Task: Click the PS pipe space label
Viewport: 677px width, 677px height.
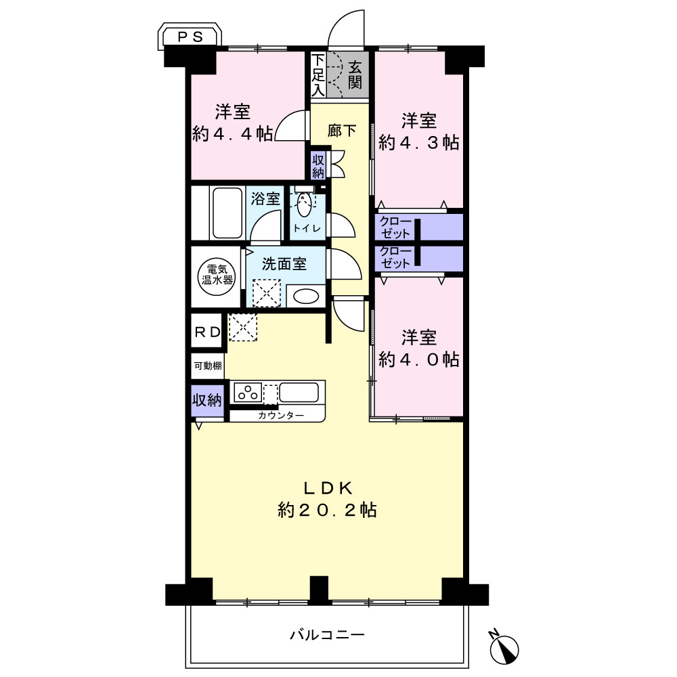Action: click(190, 37)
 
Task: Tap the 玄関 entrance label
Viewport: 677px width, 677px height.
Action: click(355, 74)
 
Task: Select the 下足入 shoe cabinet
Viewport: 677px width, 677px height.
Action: click(318, 74)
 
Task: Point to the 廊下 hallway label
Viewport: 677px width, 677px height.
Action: click(341, 130)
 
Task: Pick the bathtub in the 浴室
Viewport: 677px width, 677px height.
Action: click(227, 213)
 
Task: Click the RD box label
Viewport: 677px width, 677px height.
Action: click(208, 332)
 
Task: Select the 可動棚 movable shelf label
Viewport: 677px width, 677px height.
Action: click(208, 366)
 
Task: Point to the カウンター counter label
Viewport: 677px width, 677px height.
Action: click(281, 416)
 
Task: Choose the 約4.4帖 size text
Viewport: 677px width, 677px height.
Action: click(232, 134)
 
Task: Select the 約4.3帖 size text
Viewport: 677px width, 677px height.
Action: click(418, 142)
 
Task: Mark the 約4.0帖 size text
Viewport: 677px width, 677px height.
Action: click(418, 359)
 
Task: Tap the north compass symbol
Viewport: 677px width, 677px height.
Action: click(504, 648)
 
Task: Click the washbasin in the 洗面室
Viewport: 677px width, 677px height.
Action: click(306, 297)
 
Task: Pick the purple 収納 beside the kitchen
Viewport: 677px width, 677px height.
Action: click(207, 401)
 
